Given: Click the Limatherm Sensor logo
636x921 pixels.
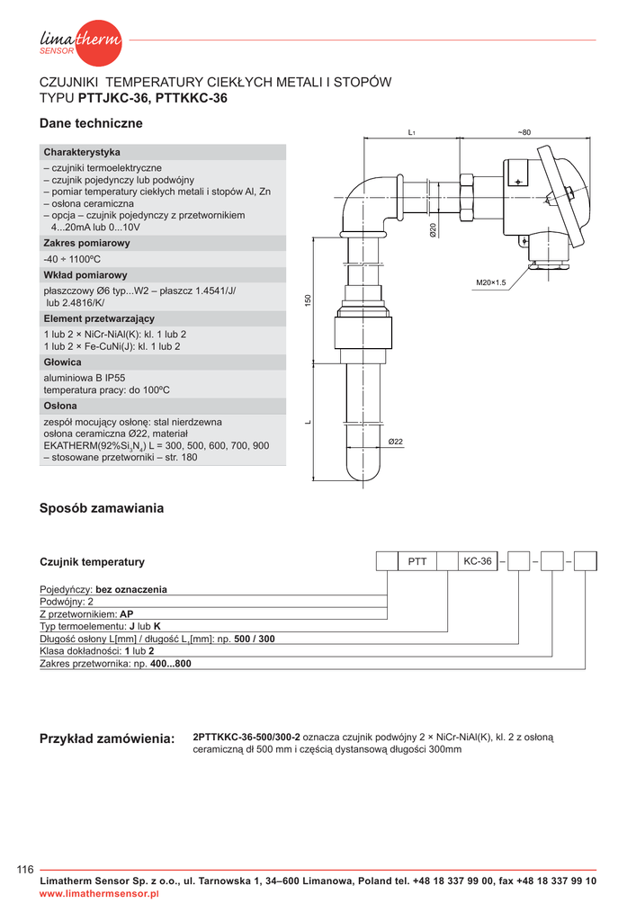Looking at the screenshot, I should [x=80, y=41].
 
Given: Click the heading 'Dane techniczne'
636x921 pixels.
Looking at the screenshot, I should [x=91, y=123].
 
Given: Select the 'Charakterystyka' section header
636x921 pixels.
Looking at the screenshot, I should [x=82, y=152].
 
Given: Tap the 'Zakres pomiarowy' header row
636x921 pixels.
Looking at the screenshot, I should [x=86, y=243].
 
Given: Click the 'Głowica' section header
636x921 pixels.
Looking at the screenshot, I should [x=63, y=362].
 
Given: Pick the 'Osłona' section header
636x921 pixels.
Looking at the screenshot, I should [x=61, y=406].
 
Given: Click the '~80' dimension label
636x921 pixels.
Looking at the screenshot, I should [x=524, y=133].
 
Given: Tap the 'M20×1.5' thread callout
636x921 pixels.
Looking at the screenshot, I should [x=491, y=283].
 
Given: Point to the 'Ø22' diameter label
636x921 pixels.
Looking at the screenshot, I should [x=395, y=442].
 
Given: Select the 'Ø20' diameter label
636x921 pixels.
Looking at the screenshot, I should [x=433, y=230].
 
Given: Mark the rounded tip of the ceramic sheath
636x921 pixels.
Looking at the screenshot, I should [x=363, y=476].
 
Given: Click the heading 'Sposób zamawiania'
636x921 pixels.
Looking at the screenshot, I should [x=102, y=508].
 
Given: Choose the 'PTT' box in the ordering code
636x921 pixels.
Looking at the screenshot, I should [x=417, y=561].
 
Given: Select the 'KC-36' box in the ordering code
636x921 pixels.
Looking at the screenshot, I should [x=477, y=561].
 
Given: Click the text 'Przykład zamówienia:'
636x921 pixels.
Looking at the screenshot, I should [x=106, y=738].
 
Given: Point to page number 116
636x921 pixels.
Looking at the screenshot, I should [x=25, y=869].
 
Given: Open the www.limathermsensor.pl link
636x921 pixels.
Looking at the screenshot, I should [x=99, y=894].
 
